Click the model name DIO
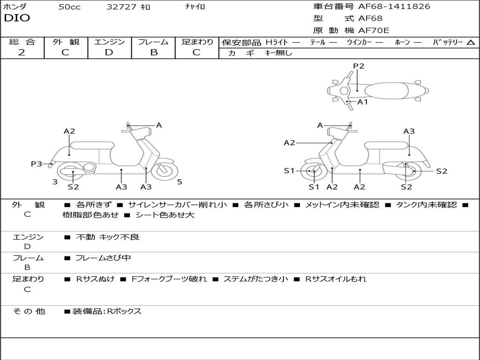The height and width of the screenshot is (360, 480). (17, 18)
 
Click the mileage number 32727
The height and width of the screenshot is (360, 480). (121, 7)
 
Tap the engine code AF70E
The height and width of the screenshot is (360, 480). (374, 31)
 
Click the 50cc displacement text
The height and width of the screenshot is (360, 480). (69, 7)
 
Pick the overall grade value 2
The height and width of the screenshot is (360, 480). (22, 52)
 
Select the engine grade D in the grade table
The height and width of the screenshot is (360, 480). (109, 52)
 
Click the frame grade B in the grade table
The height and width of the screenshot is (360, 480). (153, 52)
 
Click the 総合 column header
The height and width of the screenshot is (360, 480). (22, 42)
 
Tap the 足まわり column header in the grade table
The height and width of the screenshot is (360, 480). (197, 42)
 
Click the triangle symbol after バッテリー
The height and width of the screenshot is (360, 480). (471, 43)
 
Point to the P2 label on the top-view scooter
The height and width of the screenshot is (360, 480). (359, 66)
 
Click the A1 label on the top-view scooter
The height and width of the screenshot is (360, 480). (363, 102)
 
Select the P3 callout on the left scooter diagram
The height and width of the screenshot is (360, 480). (37, 164)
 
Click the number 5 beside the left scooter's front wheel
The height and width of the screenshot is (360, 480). (180, 182)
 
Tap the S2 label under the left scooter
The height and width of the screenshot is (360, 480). (73, 187)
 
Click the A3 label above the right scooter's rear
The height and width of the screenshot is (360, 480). (409, 131)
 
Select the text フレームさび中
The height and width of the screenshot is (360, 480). (103, 258)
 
